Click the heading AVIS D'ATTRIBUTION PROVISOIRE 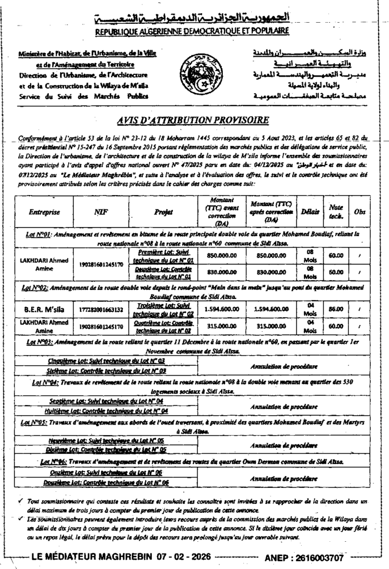[193, 120]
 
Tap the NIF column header [101, 212]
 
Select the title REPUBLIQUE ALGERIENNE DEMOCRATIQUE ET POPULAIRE [192, 32]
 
